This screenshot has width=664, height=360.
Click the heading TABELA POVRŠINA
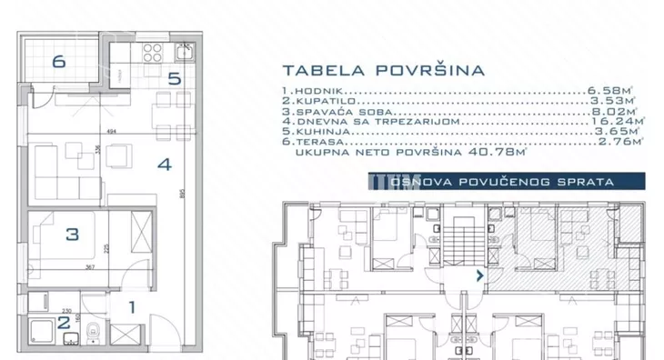(x=383, y=69)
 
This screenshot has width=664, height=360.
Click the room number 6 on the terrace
(x=59, y=62)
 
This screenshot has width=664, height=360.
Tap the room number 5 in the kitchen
(x=174, y=78)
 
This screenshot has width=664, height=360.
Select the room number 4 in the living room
(x=164, y=165)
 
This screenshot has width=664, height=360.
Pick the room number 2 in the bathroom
(x=63, y=321)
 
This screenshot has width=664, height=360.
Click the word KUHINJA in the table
(x=318, y=132)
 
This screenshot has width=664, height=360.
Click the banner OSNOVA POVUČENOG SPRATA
(x=501, y=182)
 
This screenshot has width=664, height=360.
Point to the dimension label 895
(x=184, y=194)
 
